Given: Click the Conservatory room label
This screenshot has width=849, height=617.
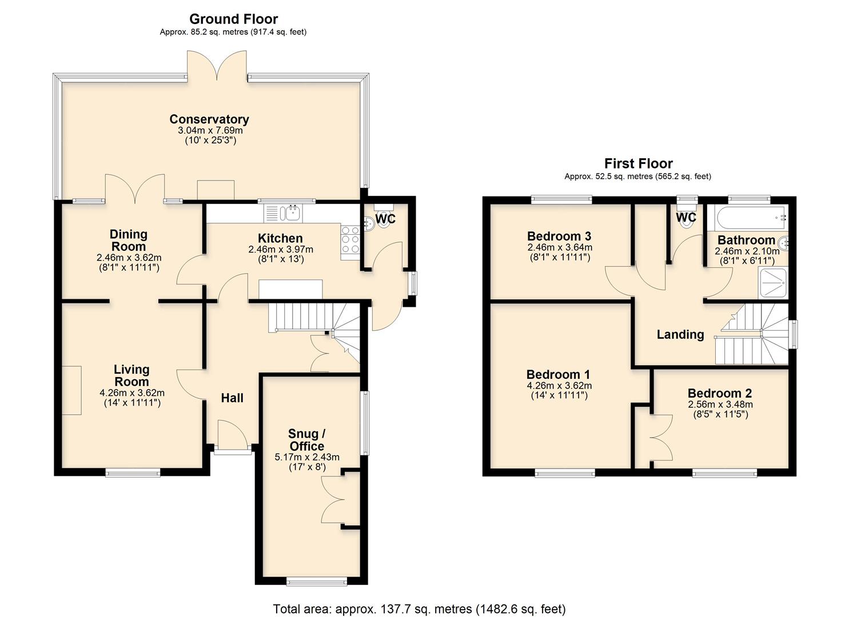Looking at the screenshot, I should click(x=209, y=119).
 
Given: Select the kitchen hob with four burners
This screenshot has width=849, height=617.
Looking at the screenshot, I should click(x=350, y=239).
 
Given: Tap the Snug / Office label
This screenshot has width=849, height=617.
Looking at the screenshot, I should click(x=306, y=440).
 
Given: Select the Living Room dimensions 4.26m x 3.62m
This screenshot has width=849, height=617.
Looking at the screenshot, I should click(x=132, y=393).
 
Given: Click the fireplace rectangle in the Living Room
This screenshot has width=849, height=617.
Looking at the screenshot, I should click(x=71, y=390).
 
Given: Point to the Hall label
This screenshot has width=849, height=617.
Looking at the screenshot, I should click(x=232, y=398).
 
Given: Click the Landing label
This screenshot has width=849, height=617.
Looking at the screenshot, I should click(x=680, y=335).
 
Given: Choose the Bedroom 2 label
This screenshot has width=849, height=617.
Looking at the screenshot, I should click(x=720, y=394).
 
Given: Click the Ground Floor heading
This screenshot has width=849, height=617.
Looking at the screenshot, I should click(x=233, y=19).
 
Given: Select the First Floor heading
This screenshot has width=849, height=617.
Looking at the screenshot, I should click(x=638, y=163).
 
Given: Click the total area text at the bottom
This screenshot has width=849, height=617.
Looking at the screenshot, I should click(x=419, y=609).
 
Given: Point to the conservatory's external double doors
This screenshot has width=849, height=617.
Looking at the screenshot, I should click(x=217, y=66).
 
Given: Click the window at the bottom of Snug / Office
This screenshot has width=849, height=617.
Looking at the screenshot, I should click(x=325, y=582).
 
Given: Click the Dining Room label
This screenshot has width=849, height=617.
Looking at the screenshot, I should click(x=129, y=240).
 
